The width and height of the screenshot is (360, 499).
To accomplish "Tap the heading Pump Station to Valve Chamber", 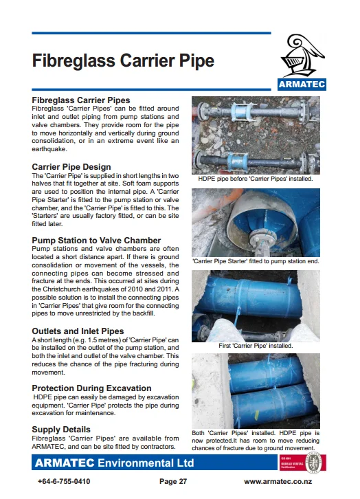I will pos(97,241).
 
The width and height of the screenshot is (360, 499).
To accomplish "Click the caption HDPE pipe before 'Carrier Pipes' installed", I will pos(256,179).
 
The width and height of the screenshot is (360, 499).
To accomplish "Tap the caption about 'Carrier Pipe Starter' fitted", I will pos(256,262).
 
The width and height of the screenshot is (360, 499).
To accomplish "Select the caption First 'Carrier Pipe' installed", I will pos(256,346).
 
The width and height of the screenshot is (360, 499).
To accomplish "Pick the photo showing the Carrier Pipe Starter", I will pos(256,221).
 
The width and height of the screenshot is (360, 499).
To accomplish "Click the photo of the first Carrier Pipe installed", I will pos(256,305).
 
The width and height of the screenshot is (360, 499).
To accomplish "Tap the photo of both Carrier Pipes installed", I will pos(256,390).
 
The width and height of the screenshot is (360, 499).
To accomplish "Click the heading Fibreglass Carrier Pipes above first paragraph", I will pos(81,100).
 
